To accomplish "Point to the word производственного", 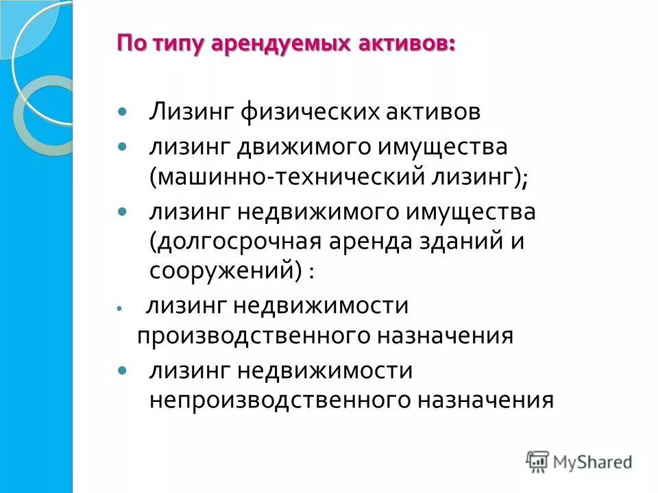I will coord(260,336).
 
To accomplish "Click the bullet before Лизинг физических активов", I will coord(123,111).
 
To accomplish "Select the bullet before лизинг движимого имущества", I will coord(123,147).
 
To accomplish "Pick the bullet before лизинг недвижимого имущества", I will coord(123,212).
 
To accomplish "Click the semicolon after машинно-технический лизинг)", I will coord(524,181).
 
